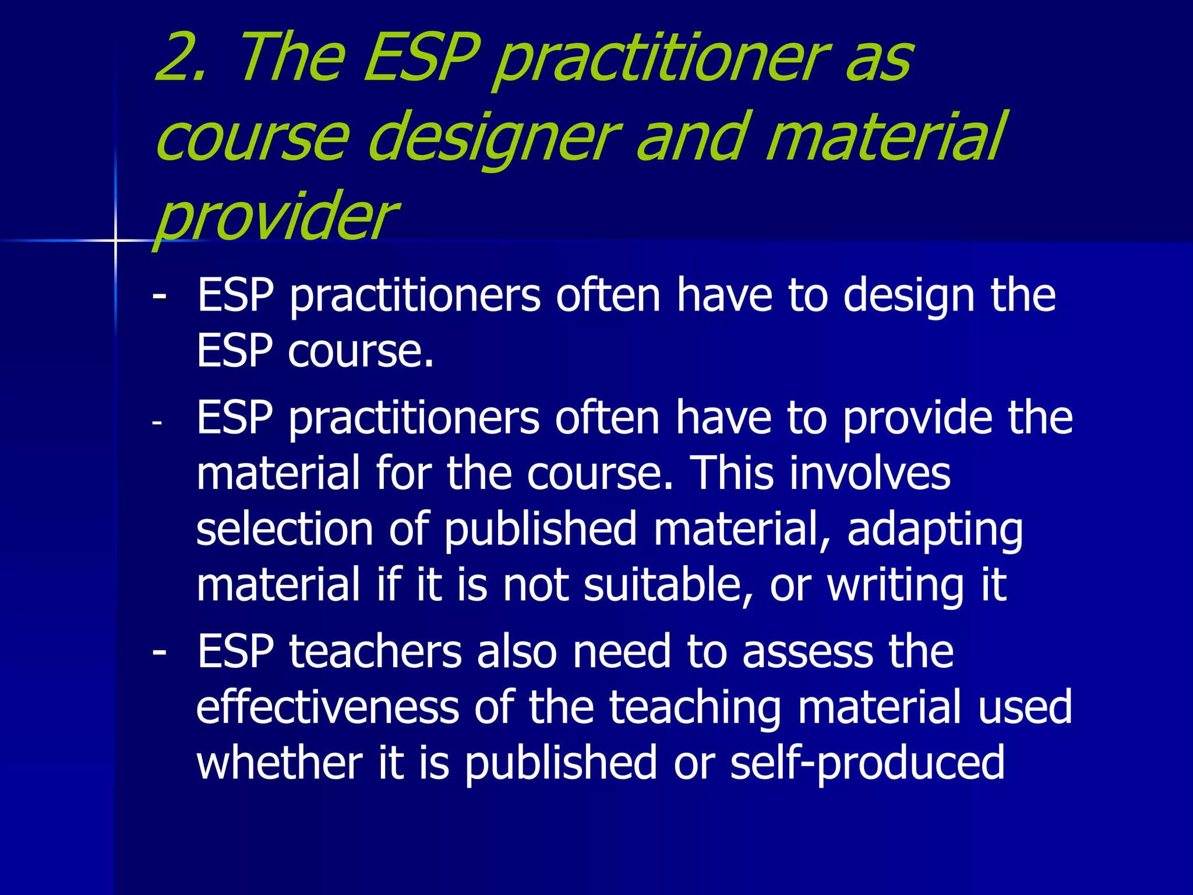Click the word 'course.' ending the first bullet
361,351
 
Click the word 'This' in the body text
732,473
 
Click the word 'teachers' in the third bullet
375,651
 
